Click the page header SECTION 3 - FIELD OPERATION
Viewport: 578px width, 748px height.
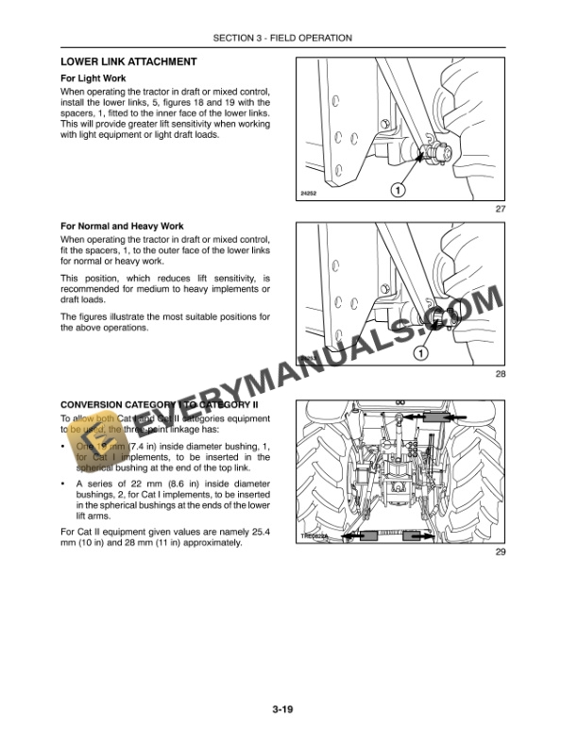(283, 38)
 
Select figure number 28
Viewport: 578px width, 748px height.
(501, 375)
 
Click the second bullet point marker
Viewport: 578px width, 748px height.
(63, 484)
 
